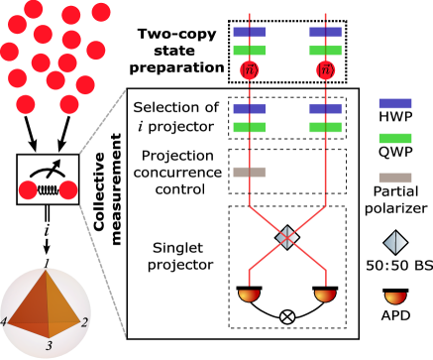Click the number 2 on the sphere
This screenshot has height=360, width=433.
[84, 322]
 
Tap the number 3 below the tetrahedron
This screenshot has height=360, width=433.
[48, 346]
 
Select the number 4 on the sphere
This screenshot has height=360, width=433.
[4, 321]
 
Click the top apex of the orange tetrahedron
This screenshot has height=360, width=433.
[46, 273]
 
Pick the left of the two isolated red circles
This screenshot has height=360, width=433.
[28, 189]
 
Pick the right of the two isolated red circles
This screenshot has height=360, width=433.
[68, 189]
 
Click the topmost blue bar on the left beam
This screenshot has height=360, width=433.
[249, 33]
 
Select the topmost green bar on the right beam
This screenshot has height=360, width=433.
[325, 51]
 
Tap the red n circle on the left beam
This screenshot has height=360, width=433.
[250, 70]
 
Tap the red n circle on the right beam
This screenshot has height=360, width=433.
[325, 70]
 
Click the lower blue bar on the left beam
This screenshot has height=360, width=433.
[249, 109]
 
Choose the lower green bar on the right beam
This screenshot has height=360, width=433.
[325, 127]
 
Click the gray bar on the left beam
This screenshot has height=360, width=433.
[249, 172]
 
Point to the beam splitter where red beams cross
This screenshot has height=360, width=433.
[287, 237]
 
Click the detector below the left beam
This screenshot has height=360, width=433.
[249, 295]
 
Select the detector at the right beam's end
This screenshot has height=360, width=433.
[325, 295]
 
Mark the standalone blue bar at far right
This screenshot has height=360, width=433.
[395, 103]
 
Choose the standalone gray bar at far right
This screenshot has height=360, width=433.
[395, 178]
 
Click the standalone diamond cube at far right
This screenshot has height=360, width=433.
[395, 242]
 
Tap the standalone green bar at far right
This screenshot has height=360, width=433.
[395, 138]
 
